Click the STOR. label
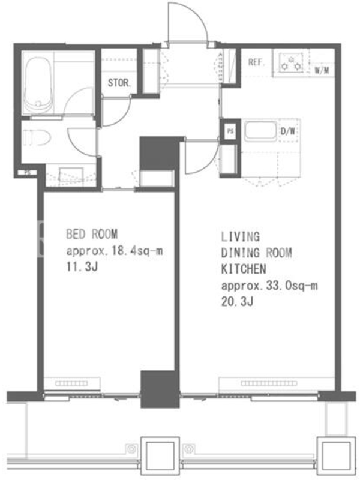tap(119, 83)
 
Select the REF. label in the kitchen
tap(256, 62)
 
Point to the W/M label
tap(322, 70)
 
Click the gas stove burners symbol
tap(291, 63)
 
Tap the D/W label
tap(288, 131)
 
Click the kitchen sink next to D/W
tap(260, 131)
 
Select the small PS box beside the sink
tap(230, 131)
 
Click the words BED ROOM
tap(92, 234)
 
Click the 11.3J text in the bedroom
tap(82, 267)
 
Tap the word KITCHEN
tap(244, 269)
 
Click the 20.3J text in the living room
tap(237, 302)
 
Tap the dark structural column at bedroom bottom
tap(160, 389)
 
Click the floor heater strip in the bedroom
tap(71, 383)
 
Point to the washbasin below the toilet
tap(71, 176)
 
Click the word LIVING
tap(241, 236)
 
